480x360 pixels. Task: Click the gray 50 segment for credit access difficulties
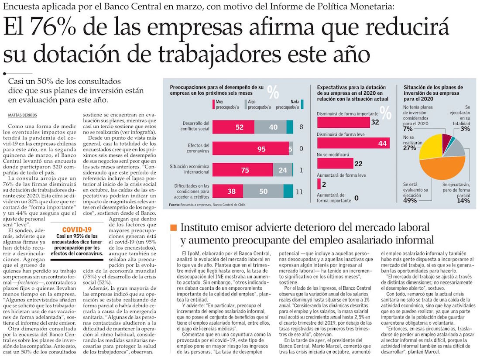263,191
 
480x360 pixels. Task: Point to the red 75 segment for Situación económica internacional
242,170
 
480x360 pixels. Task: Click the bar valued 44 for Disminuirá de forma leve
353,143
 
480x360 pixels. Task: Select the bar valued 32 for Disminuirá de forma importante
343,122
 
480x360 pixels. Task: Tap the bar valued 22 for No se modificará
335,163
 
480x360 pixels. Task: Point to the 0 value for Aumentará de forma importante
357,198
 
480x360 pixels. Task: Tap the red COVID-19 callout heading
76,229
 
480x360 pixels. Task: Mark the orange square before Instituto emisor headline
173,227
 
